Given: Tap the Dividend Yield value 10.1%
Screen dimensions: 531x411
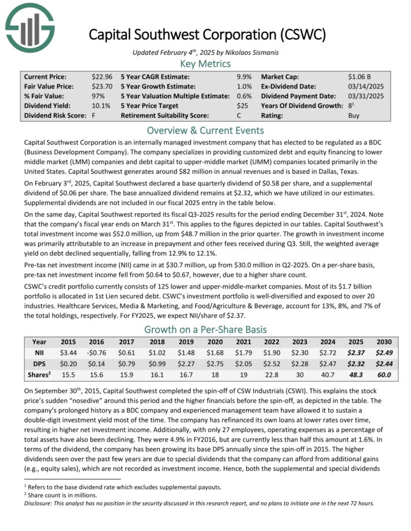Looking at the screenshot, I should click(101, 106).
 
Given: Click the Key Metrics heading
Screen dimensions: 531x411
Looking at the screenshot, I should click(205, 64).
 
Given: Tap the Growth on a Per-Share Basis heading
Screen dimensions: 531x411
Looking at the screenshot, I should click(205, 330).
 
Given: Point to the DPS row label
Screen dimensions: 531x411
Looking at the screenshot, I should click(39, 363).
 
